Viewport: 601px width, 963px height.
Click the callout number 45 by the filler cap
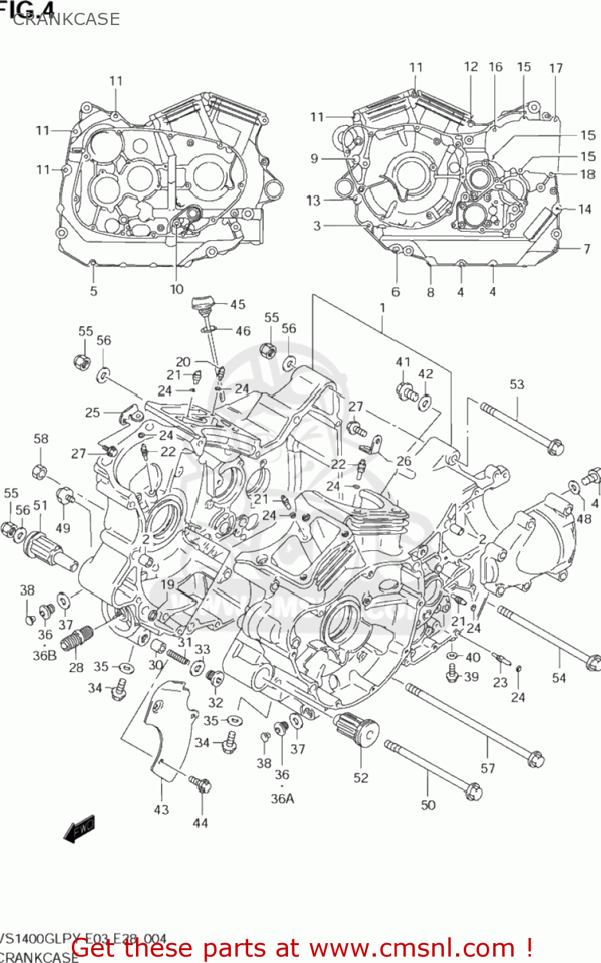pos(237,305)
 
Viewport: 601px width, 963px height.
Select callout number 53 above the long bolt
pos(517,385)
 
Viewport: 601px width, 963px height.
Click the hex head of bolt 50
pos(473,792)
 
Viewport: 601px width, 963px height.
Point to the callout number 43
pos(161,810)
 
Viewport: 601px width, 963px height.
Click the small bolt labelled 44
pos(201,785)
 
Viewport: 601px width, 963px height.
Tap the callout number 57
pos(487,768)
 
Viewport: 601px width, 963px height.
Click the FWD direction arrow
pos(79,829)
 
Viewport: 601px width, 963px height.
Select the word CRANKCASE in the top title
pos(66,19)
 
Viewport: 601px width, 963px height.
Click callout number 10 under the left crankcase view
pos(176,290)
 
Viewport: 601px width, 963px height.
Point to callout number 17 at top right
pos(555,68)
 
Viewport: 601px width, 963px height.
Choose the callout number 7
pos(586,248)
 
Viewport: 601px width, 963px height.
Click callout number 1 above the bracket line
pos(382,308)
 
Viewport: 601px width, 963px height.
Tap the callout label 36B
pos(44,655)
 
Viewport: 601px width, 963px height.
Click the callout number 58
pos(41,439)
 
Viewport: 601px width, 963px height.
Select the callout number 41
pos(403,362)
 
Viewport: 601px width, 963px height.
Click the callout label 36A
pos(282,799)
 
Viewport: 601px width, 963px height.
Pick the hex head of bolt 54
pos(593,662)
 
